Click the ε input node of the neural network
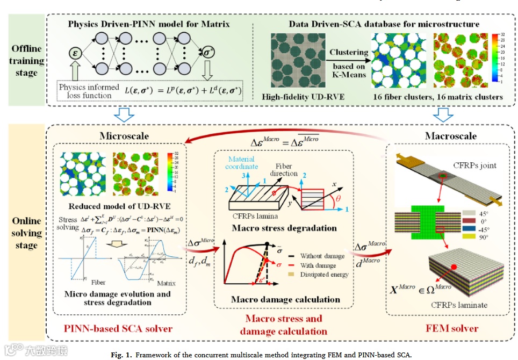point(76,53)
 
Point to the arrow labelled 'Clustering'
point(349,53)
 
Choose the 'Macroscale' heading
point(450,135)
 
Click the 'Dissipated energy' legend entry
point(324,274)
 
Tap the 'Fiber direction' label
point(283,170)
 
